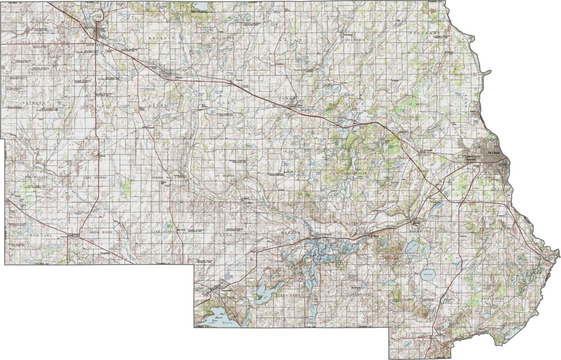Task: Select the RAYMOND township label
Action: pos(33,103)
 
